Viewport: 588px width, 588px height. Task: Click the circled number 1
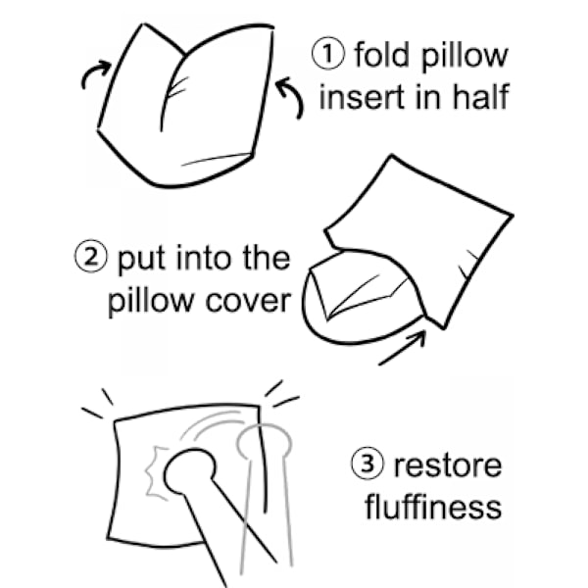[x=327, y=53]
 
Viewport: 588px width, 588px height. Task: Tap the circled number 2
[x=91, y=256]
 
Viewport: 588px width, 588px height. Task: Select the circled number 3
[x=367, y=464]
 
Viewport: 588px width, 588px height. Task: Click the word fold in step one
[x=381, y=54]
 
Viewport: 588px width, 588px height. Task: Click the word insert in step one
[x=360, y=97]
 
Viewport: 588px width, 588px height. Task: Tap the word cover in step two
[x=248, y=301]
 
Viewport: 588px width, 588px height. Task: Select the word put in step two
[x=140, y=260]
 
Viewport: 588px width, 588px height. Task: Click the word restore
[x=448, y=465]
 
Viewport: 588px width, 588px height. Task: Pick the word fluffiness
[x=433, y=507]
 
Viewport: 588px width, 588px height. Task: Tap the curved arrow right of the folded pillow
[x=292, y=97]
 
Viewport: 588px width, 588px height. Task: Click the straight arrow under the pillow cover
[x=403, y=348]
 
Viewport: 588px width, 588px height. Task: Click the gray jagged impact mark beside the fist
[x=155, y=473]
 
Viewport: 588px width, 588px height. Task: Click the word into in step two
[x=203, y=258]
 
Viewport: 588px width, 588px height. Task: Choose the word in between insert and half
[x=428, y=96]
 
